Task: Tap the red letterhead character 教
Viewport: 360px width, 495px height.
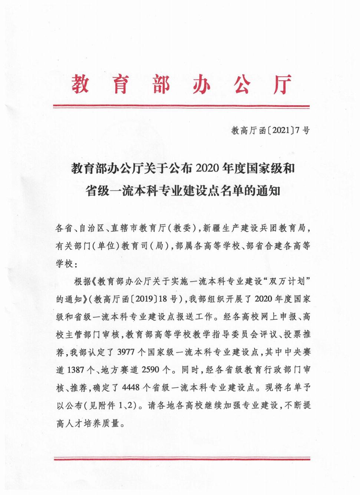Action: (x=80, y=84)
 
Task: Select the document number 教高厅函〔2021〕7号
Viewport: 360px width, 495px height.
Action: (x=270, y=130)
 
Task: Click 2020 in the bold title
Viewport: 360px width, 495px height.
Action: (x=207, y=169)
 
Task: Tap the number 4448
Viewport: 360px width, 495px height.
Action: (x=131, y=388)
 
